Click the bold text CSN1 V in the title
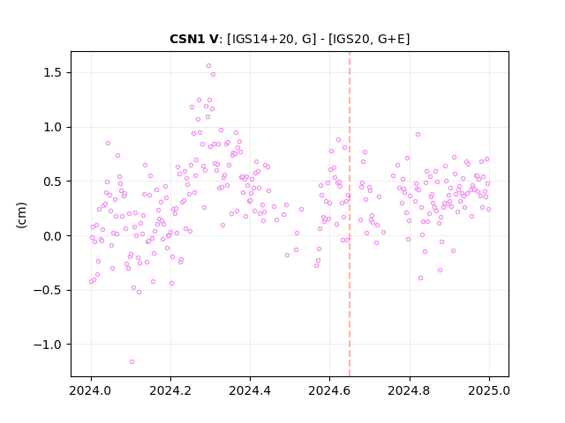point(194,39)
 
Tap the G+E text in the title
point(392,39)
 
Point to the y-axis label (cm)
point(21,215)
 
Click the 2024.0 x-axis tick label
point(91,390)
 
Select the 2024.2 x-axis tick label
point(170,390)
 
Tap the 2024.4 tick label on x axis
point(250,390)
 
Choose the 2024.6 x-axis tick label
point(329,390)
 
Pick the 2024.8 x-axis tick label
point(410,390)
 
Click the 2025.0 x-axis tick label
point(489,390)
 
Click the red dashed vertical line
point(350,214)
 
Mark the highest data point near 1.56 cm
point(208,66)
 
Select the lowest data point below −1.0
point(132,361)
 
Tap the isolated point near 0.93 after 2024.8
point(418,135)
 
